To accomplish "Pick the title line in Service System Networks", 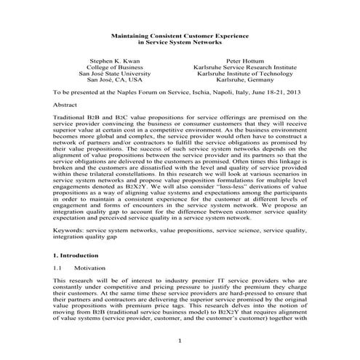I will [x=180, y=42].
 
